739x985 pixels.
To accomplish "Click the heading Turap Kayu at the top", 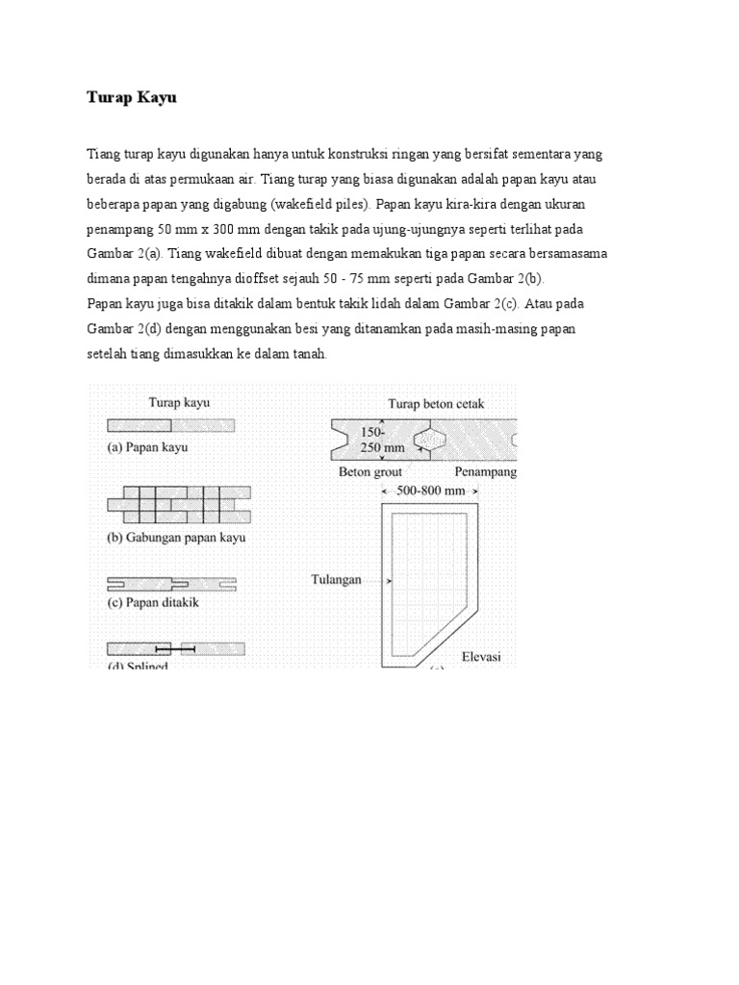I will click(132, 98).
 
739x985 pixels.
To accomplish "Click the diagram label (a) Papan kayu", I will click(146, 447).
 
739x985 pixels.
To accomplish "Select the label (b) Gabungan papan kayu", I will click(175, 537).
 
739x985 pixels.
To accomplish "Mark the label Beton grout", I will click(370, 472).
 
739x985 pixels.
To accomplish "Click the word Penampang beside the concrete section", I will click(486, 472).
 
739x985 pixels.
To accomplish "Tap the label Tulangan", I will click(336, 580).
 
